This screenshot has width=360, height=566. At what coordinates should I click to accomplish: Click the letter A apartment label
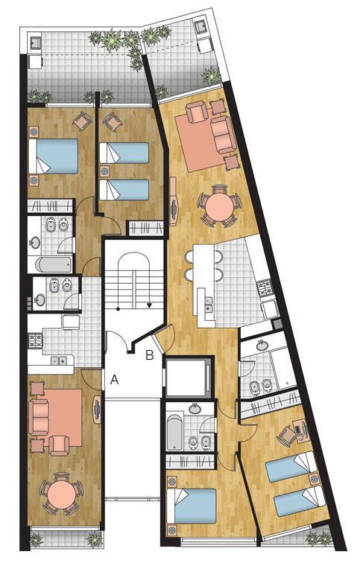pos(114,379)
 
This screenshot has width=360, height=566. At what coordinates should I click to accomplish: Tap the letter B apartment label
pos(150,355)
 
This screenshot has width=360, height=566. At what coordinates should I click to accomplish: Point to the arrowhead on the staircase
pos(149,306)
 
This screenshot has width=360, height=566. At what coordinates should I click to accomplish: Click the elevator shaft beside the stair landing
pos(187,377)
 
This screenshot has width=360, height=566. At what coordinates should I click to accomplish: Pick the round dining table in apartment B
pos(219,206)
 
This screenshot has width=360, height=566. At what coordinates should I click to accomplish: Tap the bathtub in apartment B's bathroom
pos(174,433)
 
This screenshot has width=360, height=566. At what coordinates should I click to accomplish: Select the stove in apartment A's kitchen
pos(35,341)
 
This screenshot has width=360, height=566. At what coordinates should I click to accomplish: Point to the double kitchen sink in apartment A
pos(58,360)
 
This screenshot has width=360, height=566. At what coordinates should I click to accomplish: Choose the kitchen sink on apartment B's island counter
pos(209,304)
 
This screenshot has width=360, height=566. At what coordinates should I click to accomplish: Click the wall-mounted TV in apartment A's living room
pos(97,410)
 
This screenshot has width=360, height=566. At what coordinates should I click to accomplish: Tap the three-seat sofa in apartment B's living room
pos(224,134)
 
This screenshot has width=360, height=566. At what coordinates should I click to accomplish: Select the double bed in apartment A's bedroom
pos(54,156)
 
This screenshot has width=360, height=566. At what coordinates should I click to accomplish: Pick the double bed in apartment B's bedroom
pos(192,506)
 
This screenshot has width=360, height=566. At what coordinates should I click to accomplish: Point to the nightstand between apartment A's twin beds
pos(104,171)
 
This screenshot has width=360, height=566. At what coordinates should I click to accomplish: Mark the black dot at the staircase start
pos(118,308)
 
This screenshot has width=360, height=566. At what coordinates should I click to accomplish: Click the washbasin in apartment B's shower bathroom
pos(262,346)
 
